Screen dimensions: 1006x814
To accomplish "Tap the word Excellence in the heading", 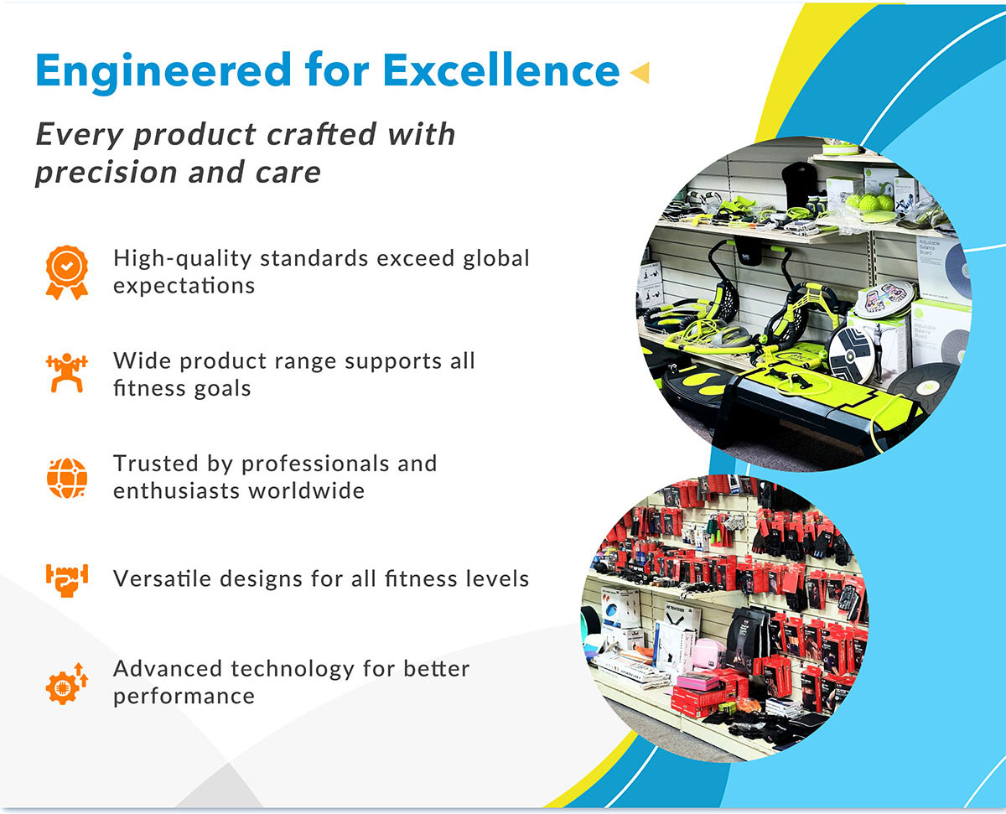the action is pos(501,70).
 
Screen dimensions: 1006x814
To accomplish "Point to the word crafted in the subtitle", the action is pos(321,134).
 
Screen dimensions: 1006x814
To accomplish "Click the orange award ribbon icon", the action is pos(66,272).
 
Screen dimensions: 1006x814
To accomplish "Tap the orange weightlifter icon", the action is pos(66,373).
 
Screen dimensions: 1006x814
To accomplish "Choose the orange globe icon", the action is pos(66,478).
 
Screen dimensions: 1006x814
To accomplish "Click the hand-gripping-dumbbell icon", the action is pos(66,580).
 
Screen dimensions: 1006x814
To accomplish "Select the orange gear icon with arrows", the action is pos(66,684).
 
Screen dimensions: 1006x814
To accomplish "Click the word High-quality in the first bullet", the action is pos(182,260).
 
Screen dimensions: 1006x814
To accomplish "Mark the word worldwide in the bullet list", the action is pos(307,490).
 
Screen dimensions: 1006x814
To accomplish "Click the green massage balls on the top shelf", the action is pos(870,204).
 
